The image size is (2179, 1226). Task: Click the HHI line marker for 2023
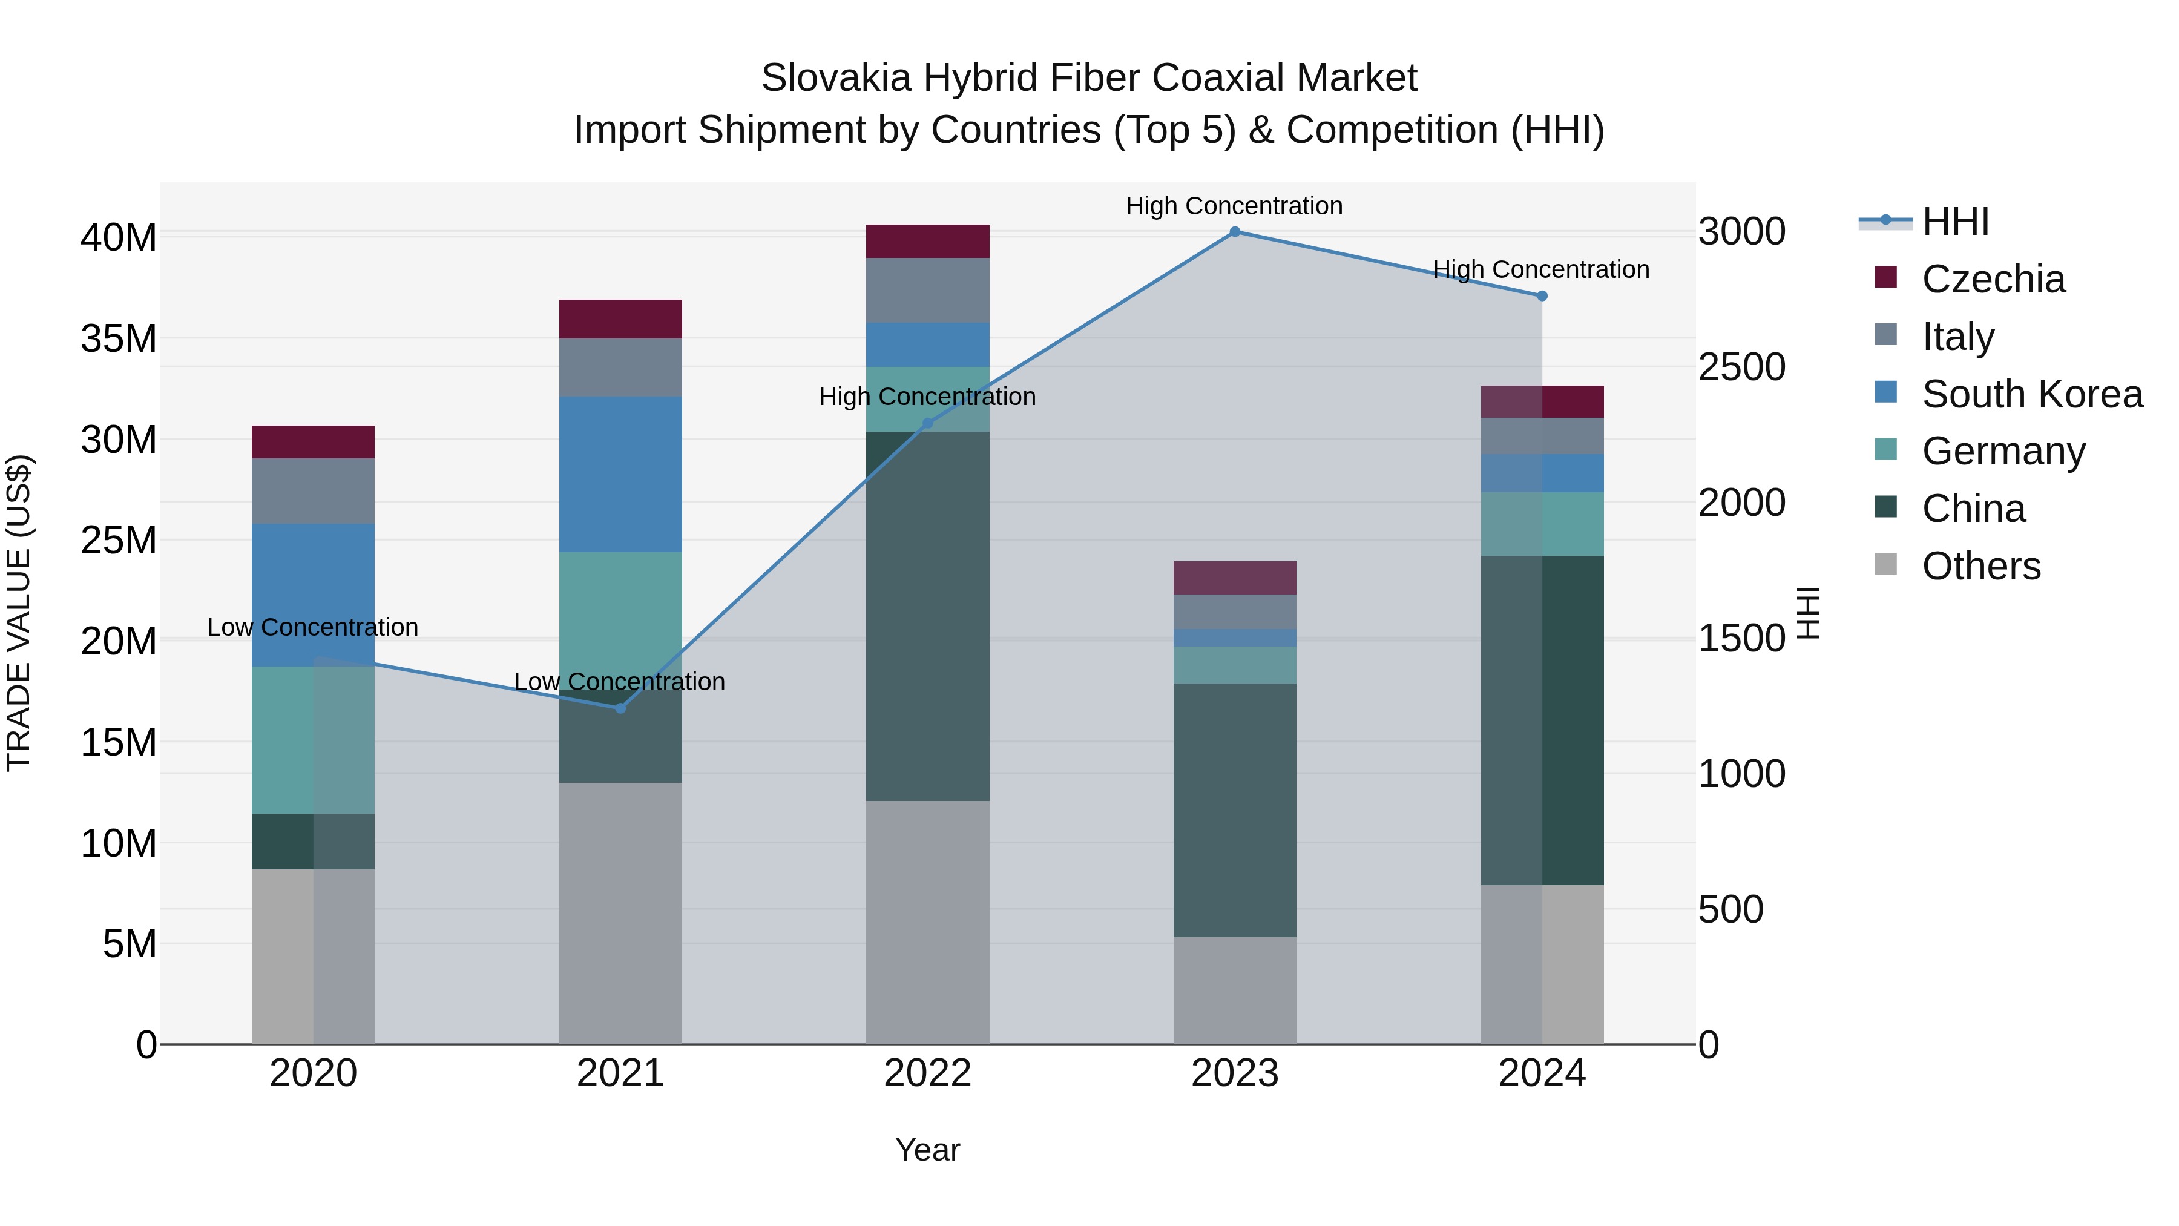[x=1234, y=232]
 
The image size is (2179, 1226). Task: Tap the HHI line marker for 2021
[x=620, y=708]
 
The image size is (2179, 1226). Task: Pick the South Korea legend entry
[x=2032, y=394]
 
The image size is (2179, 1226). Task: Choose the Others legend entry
[x=1980, y=566]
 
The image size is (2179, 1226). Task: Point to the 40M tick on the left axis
[x=119, y=238]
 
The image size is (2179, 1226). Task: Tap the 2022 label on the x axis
[x=927, y=1073]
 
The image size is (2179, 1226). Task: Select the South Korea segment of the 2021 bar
[x=620, y=474]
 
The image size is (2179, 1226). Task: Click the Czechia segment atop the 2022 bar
[x=927, y=241]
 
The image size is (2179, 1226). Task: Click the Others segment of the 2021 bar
[x=620, y=913]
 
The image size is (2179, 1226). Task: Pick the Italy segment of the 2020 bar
[x=313, y=491]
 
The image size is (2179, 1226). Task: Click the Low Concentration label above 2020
[x=313, y=628]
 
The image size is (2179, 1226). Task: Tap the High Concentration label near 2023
[x=1234, y=206]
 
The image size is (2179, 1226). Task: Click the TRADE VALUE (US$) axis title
[x=19, y=613]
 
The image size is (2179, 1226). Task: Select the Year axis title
[x=927, y=1151]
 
